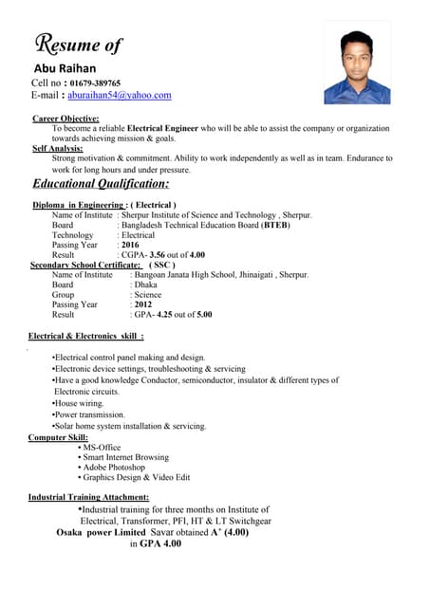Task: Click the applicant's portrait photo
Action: tap(357, 64)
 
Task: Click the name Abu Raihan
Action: tap(65, 69)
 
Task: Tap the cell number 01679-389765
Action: tap(95, 83)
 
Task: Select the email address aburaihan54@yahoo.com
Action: tap(121, 95)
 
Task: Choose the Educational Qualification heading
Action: tap(101, 183)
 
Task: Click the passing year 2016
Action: tap(130, 245)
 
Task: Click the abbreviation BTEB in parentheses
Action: tap(275, 225)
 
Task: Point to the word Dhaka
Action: tap(145, 285)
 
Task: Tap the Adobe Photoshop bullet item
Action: tap(114, 468)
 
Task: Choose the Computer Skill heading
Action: tap(58, 437)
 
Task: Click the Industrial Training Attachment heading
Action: tap(88, 497)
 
